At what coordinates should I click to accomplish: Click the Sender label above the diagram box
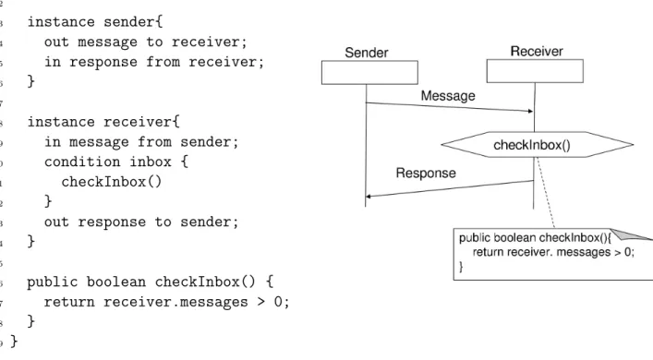(367, 53)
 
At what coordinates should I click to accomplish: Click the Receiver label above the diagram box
(537, 51)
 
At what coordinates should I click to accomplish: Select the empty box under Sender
(369, 72)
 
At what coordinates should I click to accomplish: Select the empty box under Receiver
(535, 71)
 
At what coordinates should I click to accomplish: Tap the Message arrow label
(448, 96)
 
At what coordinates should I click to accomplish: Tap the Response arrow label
(426, 173)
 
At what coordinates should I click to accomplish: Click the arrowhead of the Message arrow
(530, 111)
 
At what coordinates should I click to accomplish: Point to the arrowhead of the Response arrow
(369, 196)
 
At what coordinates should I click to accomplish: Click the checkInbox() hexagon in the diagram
(538, 145)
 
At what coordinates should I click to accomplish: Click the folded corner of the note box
(629, 234)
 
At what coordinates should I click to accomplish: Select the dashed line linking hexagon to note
(546, 193)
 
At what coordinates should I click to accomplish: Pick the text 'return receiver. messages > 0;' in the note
(553, 252)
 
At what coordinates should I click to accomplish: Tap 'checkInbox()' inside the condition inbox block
(111, 182)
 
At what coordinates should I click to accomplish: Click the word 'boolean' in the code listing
(116, 282)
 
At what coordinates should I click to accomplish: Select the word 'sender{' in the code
(133, 21)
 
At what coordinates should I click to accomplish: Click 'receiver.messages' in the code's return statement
(175, 302)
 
